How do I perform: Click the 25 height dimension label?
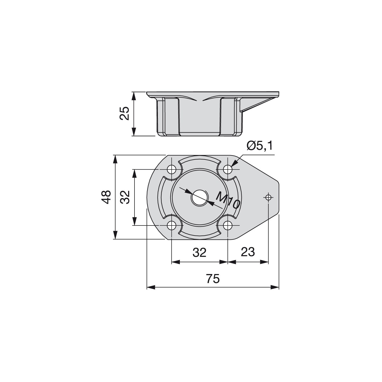click(124, 113)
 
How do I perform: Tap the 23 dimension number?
click(248, 252)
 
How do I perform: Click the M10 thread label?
click(228, 200)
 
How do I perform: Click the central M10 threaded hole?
click(199, 198)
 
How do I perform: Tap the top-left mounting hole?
click(172, 170)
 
